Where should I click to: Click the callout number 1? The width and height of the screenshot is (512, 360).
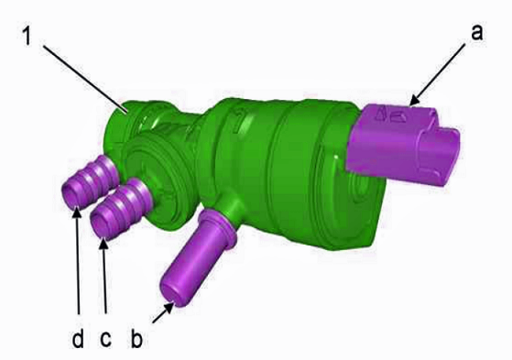[27, 37]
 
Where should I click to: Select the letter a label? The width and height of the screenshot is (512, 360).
[476, 33]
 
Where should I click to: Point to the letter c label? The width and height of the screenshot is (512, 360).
[105, 339]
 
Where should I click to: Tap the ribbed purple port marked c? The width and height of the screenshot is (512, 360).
[120, 209]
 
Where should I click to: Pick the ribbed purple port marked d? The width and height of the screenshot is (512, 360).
[91, 182]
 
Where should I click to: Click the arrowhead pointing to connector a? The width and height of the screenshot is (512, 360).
[416, 100]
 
